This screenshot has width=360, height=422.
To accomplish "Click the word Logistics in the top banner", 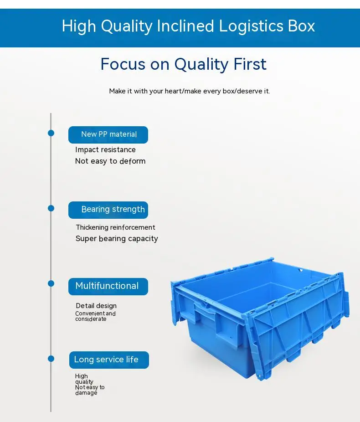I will [x=251, y=26].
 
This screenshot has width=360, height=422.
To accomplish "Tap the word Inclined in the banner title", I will [x=185, y=26].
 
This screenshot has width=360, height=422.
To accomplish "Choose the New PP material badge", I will [x=108, y=134].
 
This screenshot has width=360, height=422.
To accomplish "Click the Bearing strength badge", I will [x=108, y=210].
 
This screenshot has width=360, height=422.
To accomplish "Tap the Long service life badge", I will [x=108, y=360].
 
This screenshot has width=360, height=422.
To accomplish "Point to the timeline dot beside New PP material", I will [x=51, y=133].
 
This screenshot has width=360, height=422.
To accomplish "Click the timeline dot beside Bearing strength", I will [x=51, y=208].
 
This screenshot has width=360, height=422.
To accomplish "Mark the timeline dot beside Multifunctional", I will [x=51, y=283].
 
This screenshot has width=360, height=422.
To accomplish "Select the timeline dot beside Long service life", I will [x=51, y=359].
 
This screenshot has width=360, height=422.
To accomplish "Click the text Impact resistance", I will [x=105, y=150].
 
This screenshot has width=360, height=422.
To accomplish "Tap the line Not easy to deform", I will [x=110, y=161].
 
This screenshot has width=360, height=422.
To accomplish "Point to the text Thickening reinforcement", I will [x=115, y=227].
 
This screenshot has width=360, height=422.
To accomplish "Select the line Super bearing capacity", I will [x=117, y=239].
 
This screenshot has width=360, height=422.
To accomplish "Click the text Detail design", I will [x=96, y=306].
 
